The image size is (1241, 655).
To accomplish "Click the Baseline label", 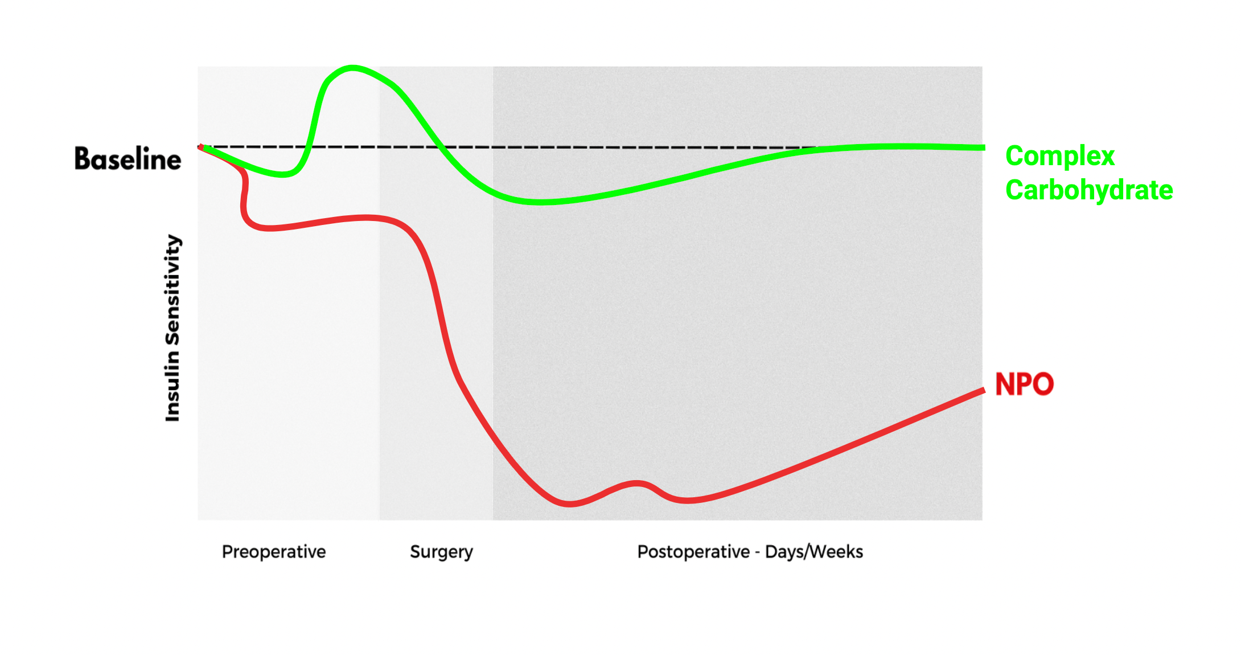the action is (x=128, y=159).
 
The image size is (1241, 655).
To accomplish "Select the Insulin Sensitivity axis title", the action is (x=172, y=328).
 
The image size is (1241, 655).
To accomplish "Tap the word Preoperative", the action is (x=274, y=551).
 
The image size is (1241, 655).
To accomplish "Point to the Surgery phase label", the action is (x=442, y=552).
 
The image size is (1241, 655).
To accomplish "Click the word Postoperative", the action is (x=693, y=551).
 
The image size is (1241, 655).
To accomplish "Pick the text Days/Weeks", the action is (x=814, y=551).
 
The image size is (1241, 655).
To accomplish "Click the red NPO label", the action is (x=1024, y=384).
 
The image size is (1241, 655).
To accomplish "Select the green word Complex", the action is (x=1060, y=157).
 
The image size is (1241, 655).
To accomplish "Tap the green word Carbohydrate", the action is (x=1089, y=190).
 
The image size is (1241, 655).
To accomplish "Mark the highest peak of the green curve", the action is (x=352, y=68).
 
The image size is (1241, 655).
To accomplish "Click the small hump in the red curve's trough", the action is (x=636, y=484).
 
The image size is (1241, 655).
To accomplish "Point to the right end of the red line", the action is (x=984, y=391).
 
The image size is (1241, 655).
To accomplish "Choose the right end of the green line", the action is (x=984, y=148).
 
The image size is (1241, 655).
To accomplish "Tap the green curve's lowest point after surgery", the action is (x=540, y=202).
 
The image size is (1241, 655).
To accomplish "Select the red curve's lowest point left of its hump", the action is (x=570, y=503).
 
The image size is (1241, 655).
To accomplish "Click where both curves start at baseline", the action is (x=201, y=147).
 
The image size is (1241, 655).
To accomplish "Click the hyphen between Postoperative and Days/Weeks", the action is (x=757, y=553).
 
